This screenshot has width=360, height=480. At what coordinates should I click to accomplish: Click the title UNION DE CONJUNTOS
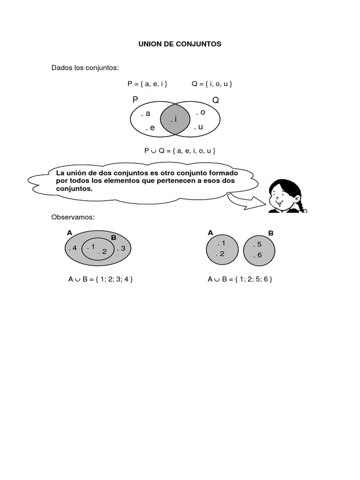(180, 44)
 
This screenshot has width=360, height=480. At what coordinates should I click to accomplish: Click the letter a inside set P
(148, 113)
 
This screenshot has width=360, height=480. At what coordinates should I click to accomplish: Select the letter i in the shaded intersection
(175, 119)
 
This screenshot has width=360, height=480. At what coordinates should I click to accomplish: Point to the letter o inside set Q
(202, 112)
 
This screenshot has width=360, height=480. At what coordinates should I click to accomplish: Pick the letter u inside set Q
(200, 127)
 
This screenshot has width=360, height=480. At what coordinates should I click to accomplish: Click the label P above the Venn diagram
(135, 100)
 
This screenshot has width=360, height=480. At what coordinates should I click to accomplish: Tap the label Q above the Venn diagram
(216, 100)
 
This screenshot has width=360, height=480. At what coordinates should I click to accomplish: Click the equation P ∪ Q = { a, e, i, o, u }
(180, 151)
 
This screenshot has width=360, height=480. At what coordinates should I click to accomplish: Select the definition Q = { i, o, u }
(212, 84)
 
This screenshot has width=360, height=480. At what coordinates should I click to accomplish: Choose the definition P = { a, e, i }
(147, 84)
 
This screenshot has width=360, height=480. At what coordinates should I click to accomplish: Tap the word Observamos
(73, 217)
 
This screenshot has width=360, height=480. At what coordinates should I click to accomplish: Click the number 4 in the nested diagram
(74, 248)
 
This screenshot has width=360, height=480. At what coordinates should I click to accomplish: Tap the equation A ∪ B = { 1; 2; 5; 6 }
(240, 279)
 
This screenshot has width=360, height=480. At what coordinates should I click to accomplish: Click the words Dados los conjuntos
(85, 68)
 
